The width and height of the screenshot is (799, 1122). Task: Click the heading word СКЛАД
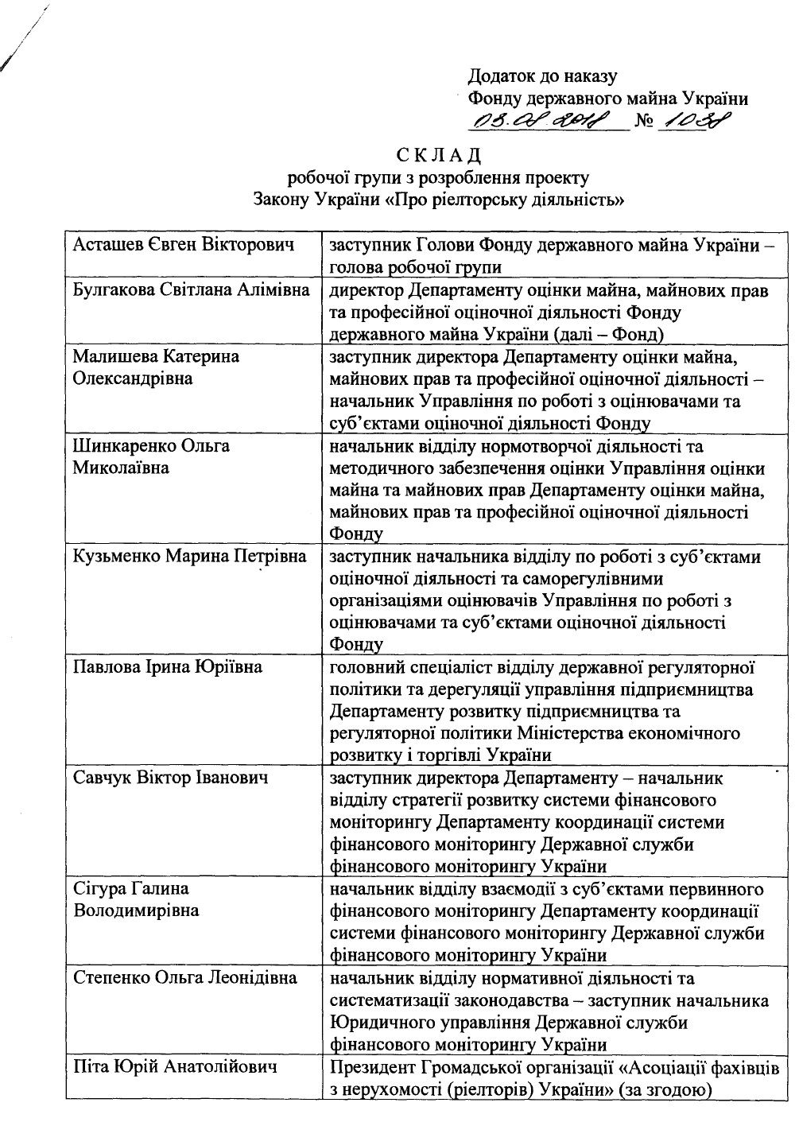tap(438, 153)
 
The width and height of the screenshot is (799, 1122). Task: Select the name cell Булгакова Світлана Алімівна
tap(192, 290)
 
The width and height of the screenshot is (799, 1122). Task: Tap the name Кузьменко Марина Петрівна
tap(190, 556)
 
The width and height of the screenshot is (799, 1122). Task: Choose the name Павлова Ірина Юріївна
tap(168, 666)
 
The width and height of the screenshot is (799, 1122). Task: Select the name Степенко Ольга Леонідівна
tap(185, 976)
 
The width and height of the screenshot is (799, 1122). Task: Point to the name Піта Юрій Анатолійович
tap(175, 1066)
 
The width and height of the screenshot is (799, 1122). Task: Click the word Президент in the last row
tap(374, 1066)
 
